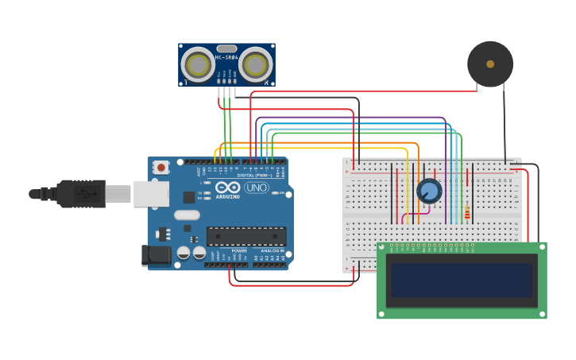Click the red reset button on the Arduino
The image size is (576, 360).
tap(161, 167)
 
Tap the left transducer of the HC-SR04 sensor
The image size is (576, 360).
tap(197, 64)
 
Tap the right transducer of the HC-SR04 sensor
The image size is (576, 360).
tap(257, 64)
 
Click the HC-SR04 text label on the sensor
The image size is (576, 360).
tap(226, 57)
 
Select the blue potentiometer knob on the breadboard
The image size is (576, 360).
tap(429, 191)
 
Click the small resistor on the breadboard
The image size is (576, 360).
tap(467, 213)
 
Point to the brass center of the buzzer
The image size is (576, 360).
tap(490, 64)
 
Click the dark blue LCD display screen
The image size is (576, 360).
tap(461, 281)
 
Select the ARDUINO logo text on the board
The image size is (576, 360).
tap(227, 196)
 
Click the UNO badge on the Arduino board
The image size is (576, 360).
tap(256, 188)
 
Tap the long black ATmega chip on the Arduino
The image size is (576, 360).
tap(246, 236)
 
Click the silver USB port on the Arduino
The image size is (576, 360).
tap(151, 194)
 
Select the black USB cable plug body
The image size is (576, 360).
tap(79, 193)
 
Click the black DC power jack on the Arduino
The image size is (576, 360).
tap(156, 255)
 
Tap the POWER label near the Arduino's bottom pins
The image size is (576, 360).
tap(238, 250)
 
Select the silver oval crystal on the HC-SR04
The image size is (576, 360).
tap(226, 48)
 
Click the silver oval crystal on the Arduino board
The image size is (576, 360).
tap(187, 215)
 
